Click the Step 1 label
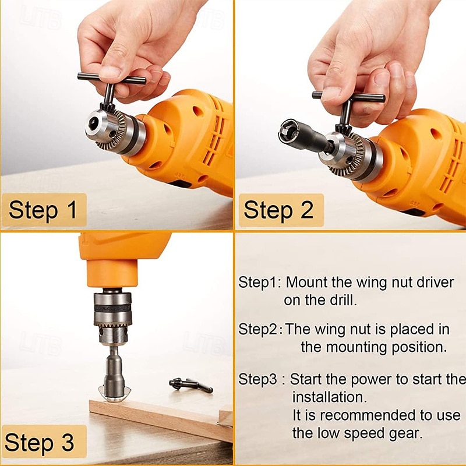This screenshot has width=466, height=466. tap(43, 210)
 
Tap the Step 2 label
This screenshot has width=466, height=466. tap(279, 210)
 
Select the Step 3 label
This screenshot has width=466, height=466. tap(39, 442)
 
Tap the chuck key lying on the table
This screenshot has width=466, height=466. tap(190, 385)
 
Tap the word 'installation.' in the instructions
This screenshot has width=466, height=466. tap(330, 397)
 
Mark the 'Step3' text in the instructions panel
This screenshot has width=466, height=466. tap(257, 380)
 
